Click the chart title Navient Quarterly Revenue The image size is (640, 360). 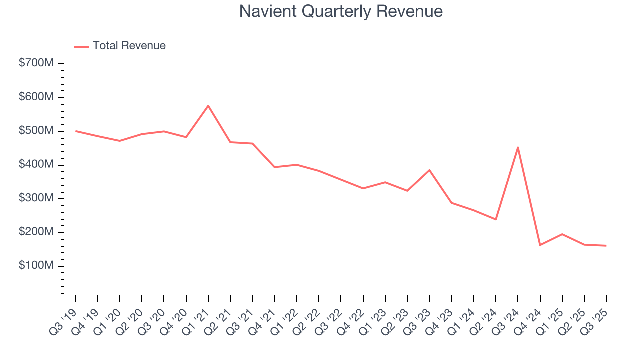tap(341, 11)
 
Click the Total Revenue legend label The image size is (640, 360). tap(129, 46)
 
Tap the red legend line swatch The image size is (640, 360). tap(81, 46)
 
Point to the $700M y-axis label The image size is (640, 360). tap(36, 64)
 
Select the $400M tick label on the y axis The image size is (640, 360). tap(36, 165)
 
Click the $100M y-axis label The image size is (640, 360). tap(36, 266)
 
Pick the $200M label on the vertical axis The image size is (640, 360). tap(36, 232)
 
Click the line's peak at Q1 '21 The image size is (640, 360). tap(208, 106)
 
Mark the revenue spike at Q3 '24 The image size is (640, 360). tap(518, 147)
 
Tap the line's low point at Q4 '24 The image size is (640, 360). tap(540, 245)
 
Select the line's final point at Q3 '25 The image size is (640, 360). tap(606, 245)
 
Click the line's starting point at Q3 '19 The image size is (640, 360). tap(76, 131)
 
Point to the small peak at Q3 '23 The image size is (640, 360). tap(429, 170)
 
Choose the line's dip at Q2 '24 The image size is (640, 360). tap(495, 219)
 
